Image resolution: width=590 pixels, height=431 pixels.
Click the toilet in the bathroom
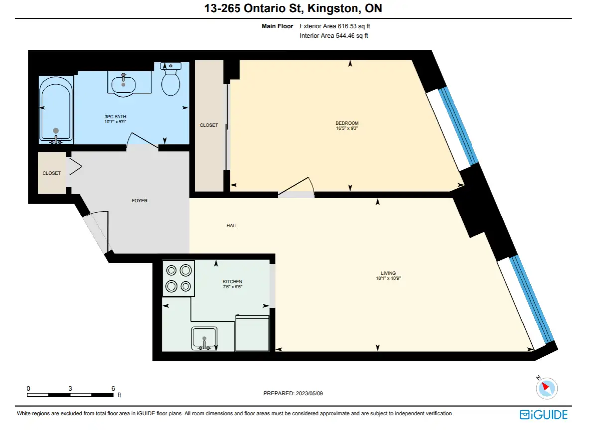click(x=170, y=79)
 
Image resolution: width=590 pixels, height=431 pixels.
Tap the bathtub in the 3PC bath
click(x=56, y=110)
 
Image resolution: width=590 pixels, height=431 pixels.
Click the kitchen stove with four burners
click(x=178, y=278)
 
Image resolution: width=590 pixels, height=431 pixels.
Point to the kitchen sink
click(x=204, y=338)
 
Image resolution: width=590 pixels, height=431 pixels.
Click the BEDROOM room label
click(x=347, y=123)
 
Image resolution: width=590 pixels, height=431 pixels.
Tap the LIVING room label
click(x=388, y=273)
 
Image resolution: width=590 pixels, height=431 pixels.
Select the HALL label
click(x=232, y=225)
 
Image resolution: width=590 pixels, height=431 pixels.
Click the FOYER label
click(x=139, y=201)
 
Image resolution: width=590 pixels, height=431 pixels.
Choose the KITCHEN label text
click(x=233, y=281)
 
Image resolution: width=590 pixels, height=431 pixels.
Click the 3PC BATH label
click(x=115, y=116)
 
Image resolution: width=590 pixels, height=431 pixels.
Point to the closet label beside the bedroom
click(x=209, y=125)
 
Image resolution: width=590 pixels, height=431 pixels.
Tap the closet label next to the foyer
click(x=52, y=173)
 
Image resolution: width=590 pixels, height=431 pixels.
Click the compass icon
click(x=546, y=388)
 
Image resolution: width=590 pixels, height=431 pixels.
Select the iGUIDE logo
click(x=543, y=415)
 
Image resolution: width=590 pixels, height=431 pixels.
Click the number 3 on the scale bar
click(x=70, y=389)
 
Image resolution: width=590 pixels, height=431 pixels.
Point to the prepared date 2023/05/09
click(x=309, y=393)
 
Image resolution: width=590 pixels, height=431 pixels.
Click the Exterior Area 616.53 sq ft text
click(x=335, y=26)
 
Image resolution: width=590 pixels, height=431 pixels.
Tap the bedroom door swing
click(x=297, y=186)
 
